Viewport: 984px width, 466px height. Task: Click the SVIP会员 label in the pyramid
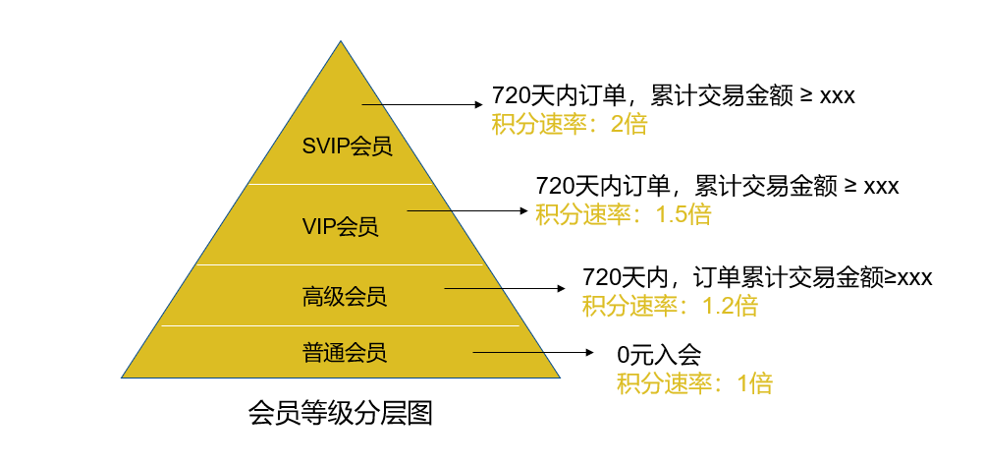click(x=347, y=146)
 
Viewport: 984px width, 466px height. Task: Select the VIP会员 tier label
click(x=341, y=227)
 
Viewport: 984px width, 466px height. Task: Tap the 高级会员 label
click(x=345, y=297)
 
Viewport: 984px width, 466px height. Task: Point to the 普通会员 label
click(x=345, y=352)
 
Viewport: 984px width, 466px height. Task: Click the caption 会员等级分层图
click(x=341, y=415)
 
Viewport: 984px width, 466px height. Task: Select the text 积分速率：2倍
click(x=570, y=125)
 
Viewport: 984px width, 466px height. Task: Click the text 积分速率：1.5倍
click(x=624, y=214)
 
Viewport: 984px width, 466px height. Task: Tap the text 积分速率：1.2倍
click(x=670, y=306)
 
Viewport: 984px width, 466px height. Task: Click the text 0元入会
click(x=658, y=356)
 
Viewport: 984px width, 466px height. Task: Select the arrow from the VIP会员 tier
click(x=468, y=211)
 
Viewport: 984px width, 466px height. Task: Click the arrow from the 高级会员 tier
click(x=505, y=288)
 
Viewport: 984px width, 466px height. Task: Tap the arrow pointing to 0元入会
click(x=533, y=352)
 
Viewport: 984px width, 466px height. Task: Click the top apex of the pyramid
click(x=341, y=41)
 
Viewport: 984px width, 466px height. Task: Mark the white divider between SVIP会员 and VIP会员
click(x=341, y=184)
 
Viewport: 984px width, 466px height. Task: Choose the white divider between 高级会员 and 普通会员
click(x=341, y=326)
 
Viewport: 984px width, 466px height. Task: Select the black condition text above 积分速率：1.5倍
click(x=717, y=186)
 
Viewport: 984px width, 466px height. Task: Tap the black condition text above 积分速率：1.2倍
click(x=757, y=277)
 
